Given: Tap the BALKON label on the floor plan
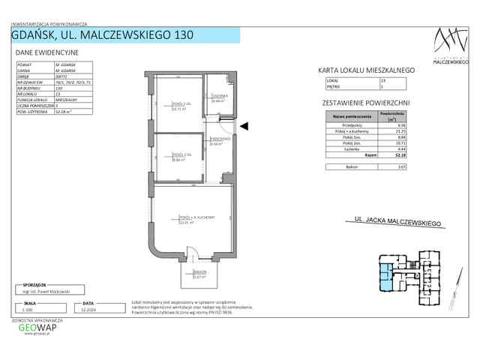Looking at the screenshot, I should click(199, 272).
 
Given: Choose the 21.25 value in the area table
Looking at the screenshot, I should click(401, 131).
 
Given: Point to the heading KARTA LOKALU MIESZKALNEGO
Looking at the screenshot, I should click(367, 70).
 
